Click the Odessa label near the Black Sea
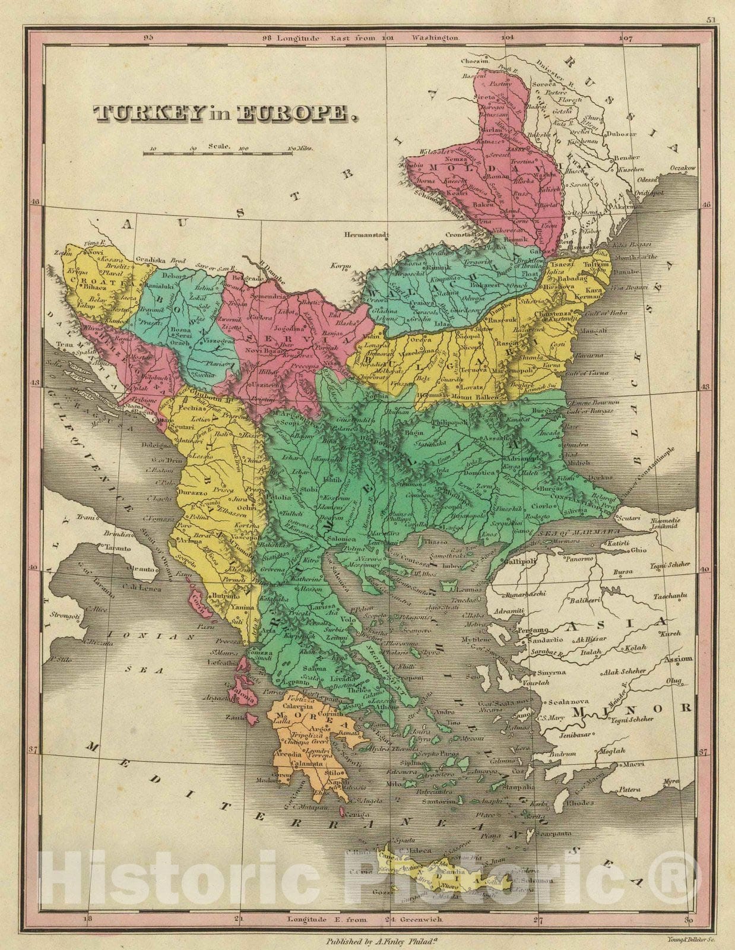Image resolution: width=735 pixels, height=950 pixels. [x=647, y=180]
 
